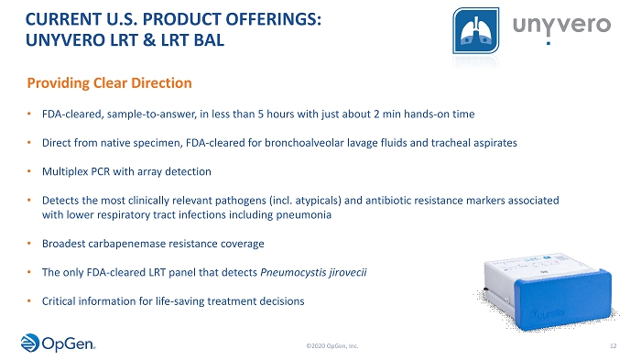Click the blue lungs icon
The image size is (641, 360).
(476, 30)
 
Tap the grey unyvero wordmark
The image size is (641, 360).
(561, 27)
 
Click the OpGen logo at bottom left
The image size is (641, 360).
(58, 343)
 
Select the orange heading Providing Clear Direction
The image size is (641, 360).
(109, 83)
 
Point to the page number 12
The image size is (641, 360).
(614, 346)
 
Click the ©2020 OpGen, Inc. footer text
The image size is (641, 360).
(331, 346)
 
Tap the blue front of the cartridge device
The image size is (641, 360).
(563, 300)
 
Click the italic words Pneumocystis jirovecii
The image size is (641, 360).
(313, 272)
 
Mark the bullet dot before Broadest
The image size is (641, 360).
(29, 244)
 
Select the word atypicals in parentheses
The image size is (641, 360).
(318, 201)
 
